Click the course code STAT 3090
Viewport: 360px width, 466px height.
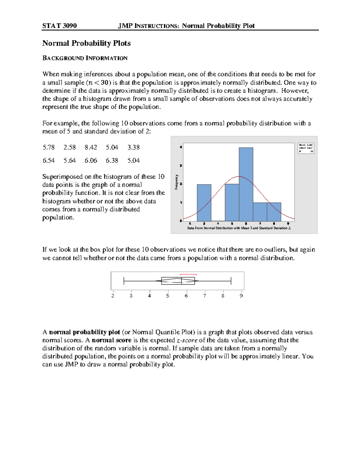pos(59,26)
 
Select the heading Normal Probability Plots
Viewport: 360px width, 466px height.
pos(86,43)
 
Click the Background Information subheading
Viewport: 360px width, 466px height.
pos(85,58)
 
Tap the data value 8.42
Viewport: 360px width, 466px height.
pos(91,147)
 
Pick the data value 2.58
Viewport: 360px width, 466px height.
pos(70,147)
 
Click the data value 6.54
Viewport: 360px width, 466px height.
pos(49,161)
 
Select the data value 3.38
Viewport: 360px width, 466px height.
pos(133,147)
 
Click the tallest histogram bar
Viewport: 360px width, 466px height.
pos(246,184)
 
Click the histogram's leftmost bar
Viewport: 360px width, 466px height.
pos(204,203)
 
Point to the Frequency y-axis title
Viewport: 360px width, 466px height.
pos(177,182)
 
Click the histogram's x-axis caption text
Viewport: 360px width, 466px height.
pos(239,228)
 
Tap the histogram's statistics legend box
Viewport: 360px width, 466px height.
pos(306,148)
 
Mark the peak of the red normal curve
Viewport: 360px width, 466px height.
pos(239,176)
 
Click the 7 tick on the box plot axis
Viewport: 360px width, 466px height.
pos(205,296)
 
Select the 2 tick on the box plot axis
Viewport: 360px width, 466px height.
pos(113,296)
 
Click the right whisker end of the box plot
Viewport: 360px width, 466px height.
pos(231,281)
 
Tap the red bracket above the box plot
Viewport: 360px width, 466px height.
pos(188,274)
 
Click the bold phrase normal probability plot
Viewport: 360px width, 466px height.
pos(85,332)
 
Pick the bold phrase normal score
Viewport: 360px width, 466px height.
pos(112,340)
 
